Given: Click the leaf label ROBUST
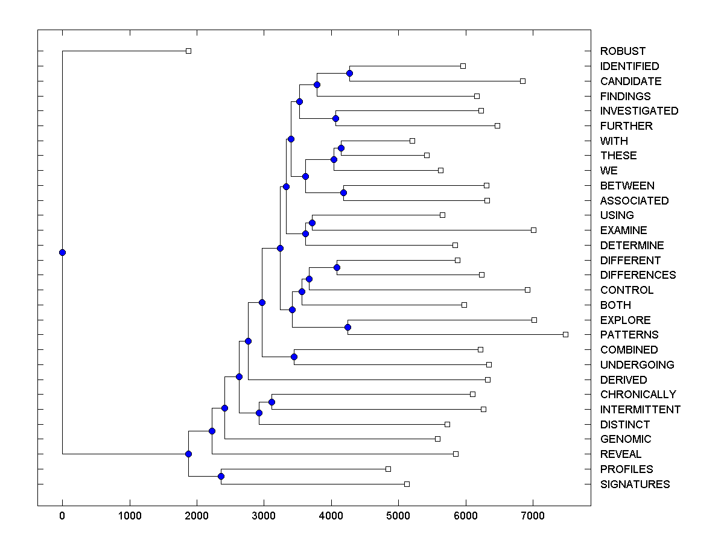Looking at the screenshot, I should [623, 51].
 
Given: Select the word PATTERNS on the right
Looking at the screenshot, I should [629, 335].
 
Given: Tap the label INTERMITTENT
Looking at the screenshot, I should [640, 410].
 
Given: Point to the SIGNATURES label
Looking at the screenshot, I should [635, 484].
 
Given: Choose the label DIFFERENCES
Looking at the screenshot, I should [638, 275].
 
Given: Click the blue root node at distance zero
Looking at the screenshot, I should [62, 252].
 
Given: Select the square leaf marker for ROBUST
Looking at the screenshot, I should [188, 51].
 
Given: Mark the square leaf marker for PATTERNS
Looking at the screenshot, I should [565, 334].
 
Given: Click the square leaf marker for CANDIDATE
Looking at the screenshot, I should [522, 81].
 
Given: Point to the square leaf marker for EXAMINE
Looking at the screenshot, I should [533, 230].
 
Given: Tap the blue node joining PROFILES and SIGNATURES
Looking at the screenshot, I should [221, 477].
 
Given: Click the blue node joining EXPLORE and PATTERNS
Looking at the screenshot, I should [348, 327].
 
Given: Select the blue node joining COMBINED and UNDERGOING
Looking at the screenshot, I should [294, 357].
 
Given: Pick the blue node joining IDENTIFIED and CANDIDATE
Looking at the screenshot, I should [349, 73].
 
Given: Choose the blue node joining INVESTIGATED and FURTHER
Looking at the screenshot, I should [336, 118].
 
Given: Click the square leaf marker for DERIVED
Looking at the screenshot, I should [487, 379].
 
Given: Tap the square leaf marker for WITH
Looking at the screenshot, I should [412, 141].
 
